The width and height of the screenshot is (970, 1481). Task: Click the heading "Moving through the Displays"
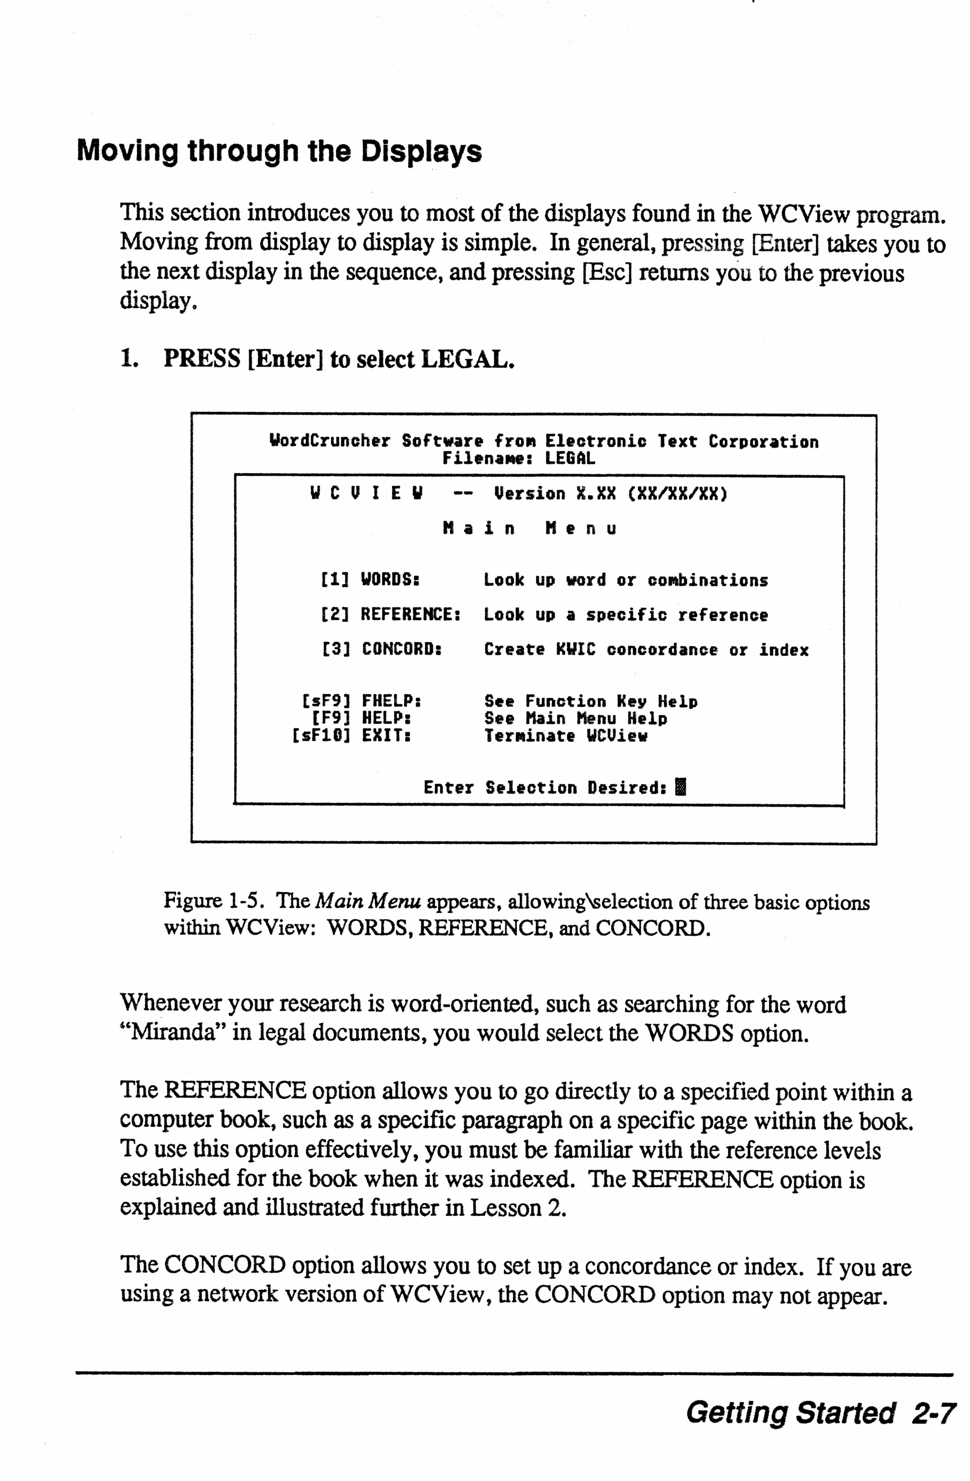(x=279, y=151)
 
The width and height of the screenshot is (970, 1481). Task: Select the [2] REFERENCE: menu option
(x=390, y=615)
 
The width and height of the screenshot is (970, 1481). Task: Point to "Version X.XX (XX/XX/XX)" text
(x=610, y=494)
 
